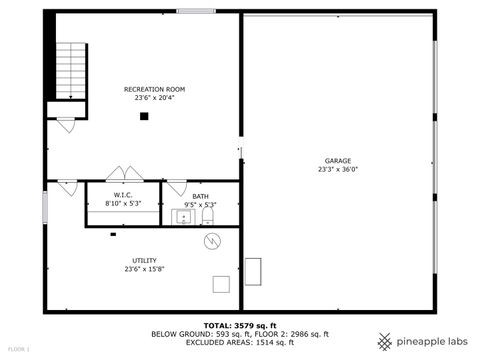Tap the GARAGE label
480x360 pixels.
pos(337,160)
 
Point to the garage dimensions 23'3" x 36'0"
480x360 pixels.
pos(337,169)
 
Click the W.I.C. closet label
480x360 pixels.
pos(123,196)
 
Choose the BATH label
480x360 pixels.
pos(200,196)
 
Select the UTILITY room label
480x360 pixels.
pos(144,260)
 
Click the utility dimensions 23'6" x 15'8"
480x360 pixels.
pos(144,269)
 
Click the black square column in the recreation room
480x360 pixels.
pos(144,116)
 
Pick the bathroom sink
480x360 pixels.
pos(185,215)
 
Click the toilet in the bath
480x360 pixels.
pos(208,216)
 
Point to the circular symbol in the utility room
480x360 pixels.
pos(212,241)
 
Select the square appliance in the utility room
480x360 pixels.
pos(221,284)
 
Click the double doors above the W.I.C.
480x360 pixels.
pos(123,174)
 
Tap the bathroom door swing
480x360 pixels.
pos(175,187)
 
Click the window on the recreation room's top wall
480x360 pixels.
pos(196,11)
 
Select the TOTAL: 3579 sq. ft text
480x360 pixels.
pos(239,325)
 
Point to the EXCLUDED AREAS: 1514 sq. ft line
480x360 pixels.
pos(239,342)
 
